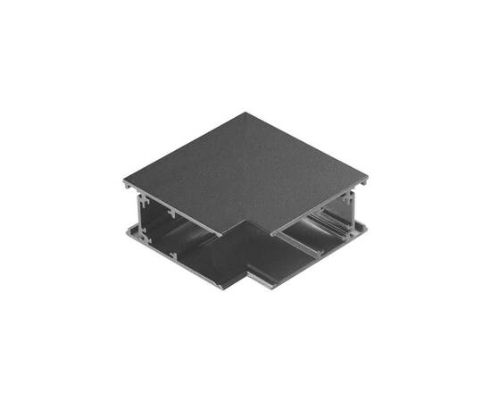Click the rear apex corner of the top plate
click(245, 113)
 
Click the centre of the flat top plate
click(245, 170)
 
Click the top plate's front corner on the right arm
click(272, 234)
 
